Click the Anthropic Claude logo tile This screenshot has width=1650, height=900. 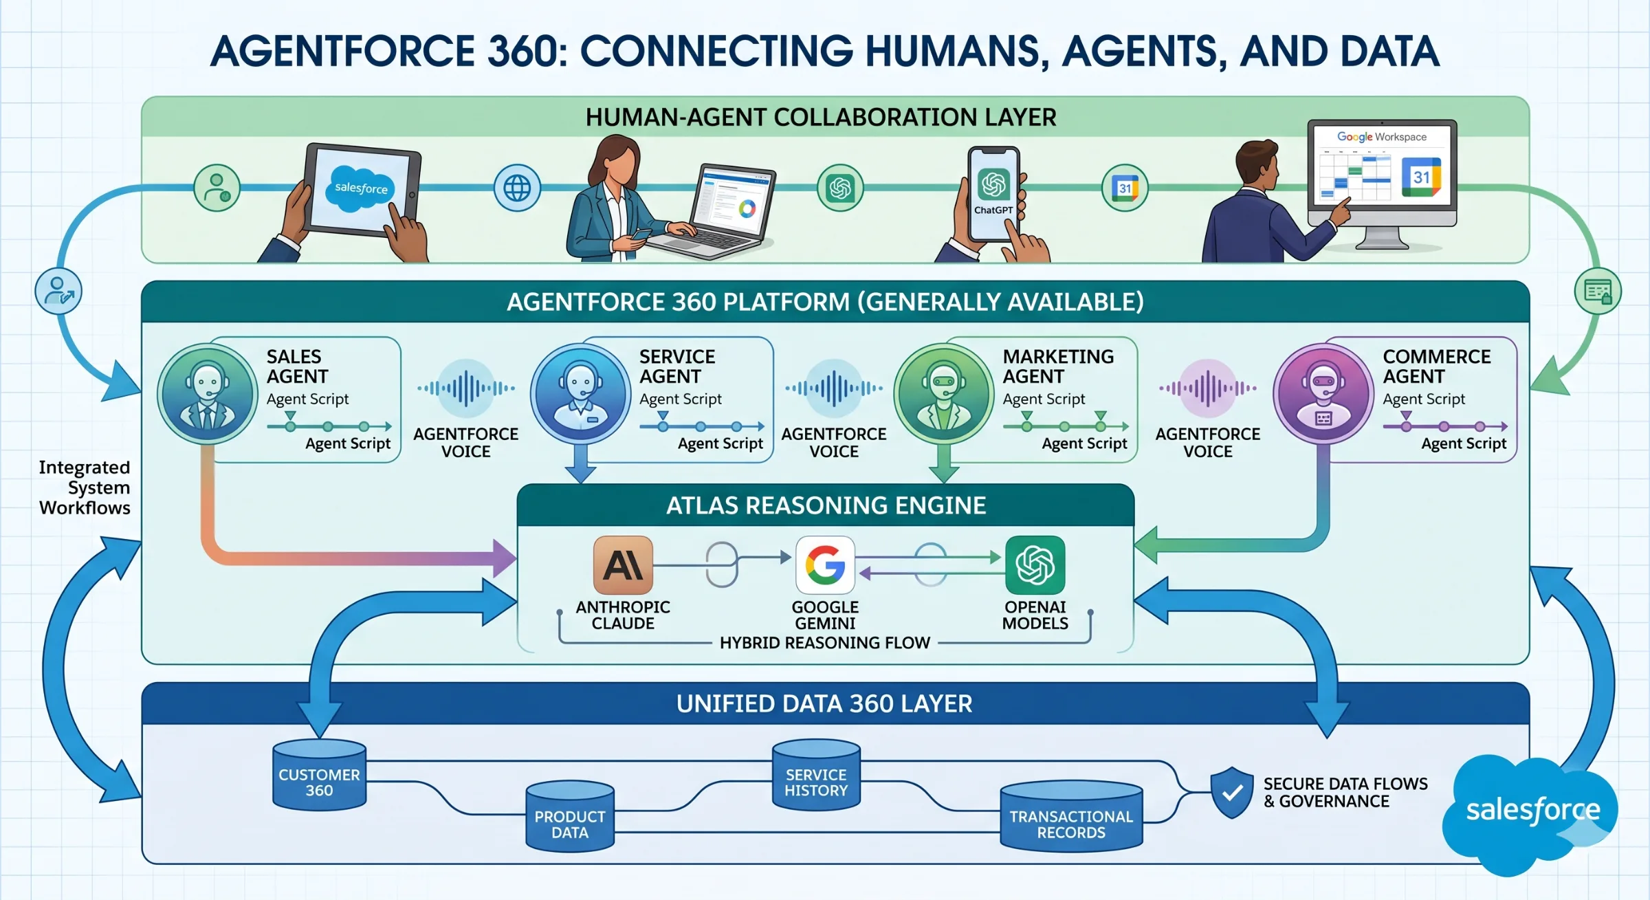tap(623, 565)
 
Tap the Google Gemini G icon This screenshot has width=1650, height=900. tap(825, 565)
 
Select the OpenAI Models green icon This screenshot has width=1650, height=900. tap(1035, 565)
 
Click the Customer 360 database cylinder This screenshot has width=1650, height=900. tap(319, 776)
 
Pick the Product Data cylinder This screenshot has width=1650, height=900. tap(570, 817)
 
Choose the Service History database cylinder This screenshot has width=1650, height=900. tap(816, 776)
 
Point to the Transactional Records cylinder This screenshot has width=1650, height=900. tap(1071, 817)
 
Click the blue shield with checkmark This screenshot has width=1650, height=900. tap(1232, 792)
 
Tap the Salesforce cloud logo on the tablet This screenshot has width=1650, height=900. tap(361, 188)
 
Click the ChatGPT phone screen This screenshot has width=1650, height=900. tap(993, 194)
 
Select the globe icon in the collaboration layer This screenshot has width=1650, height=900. tap(517, 188)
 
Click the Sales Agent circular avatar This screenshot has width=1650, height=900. tap(208, 394)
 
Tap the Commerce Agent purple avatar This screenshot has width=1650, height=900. tap(1323, 394)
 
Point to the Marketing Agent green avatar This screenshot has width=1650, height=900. tap(944, 394)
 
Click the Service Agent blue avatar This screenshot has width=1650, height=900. tap(581, 394)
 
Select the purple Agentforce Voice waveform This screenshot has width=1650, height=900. tap(1208, 388)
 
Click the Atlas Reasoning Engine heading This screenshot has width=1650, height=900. tap(826, 506)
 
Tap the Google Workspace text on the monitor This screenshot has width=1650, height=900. tap(1381, 137)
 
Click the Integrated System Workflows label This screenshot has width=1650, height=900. tap(85, 487)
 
